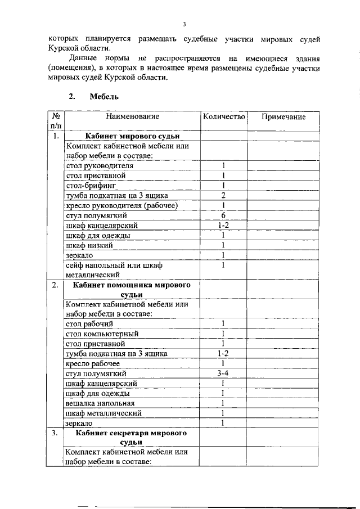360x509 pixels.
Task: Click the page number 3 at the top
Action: (x=184, y=24)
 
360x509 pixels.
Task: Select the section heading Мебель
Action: (x=104, y=97)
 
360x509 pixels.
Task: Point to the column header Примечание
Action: (x=284, y=117)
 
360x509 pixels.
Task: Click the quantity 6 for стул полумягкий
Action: (x=223, y=215)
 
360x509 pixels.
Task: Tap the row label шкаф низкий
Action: (x=89, y=245)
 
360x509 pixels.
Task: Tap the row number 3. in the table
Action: (x=54, y=434)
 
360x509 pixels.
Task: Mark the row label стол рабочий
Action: (x=89, y=324)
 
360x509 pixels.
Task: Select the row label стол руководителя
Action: (x=100, y=166)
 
